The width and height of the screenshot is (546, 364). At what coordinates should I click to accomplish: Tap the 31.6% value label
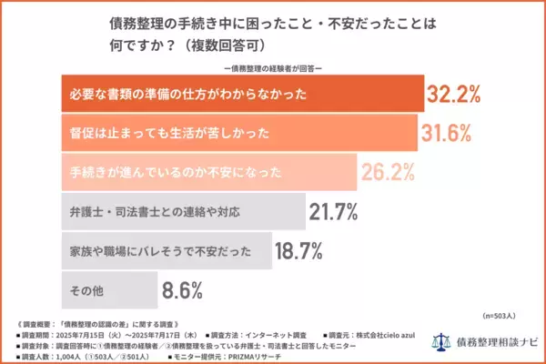(446, 133)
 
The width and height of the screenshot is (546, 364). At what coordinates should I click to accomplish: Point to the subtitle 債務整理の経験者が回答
(273, 67)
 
